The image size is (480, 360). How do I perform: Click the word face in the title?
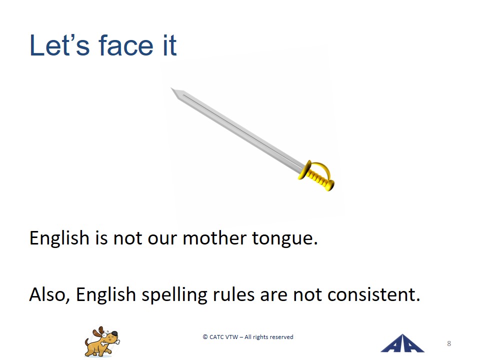(x=126, y=45)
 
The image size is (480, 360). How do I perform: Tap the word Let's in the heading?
(x=59, y=45)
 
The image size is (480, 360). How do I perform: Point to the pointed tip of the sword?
(x=171, y=88)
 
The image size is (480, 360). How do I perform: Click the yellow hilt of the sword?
(x=317, y=175)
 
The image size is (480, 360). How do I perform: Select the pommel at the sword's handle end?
(x=330, y=185)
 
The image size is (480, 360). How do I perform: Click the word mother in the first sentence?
(x=214, y=238)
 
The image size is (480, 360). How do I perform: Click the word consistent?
(x=373, y=295)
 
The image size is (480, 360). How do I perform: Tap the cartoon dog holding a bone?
(x=102, y=342)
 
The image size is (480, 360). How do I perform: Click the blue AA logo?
(x=402, y=343)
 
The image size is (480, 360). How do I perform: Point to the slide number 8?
(x=449, y=343)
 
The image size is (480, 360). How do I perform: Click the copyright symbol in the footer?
(x=205, y=337)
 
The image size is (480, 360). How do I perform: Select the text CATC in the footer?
(x=216, y=337)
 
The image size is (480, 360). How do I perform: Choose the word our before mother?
(x=162, y=239)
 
